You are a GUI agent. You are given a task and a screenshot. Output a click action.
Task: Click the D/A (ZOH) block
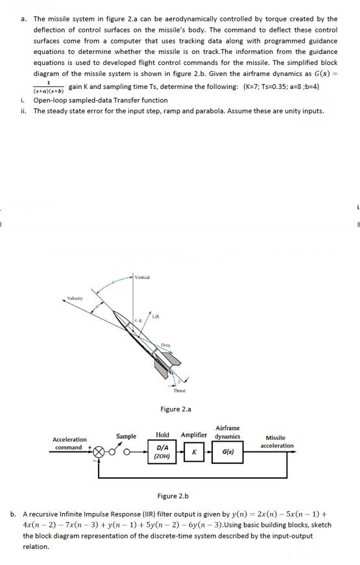163,451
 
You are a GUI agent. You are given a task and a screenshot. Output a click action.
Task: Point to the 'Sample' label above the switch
126,437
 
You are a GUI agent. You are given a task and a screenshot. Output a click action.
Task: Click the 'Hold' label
162,435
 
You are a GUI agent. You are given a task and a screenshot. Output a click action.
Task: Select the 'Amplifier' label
194,435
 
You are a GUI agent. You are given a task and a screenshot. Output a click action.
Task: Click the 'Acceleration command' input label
69,443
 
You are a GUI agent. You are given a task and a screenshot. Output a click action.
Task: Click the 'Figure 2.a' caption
176,409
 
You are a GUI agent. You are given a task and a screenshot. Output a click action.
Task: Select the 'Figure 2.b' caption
173,496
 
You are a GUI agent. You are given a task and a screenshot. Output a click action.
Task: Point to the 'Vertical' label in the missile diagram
142,277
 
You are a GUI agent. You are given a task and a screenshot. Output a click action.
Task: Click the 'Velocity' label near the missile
76,299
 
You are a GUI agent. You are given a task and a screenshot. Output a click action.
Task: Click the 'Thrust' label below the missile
180,391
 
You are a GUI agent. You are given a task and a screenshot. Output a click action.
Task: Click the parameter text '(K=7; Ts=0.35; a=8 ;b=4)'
282,87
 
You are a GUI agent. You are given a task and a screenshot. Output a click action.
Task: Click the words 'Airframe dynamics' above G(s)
227,432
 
